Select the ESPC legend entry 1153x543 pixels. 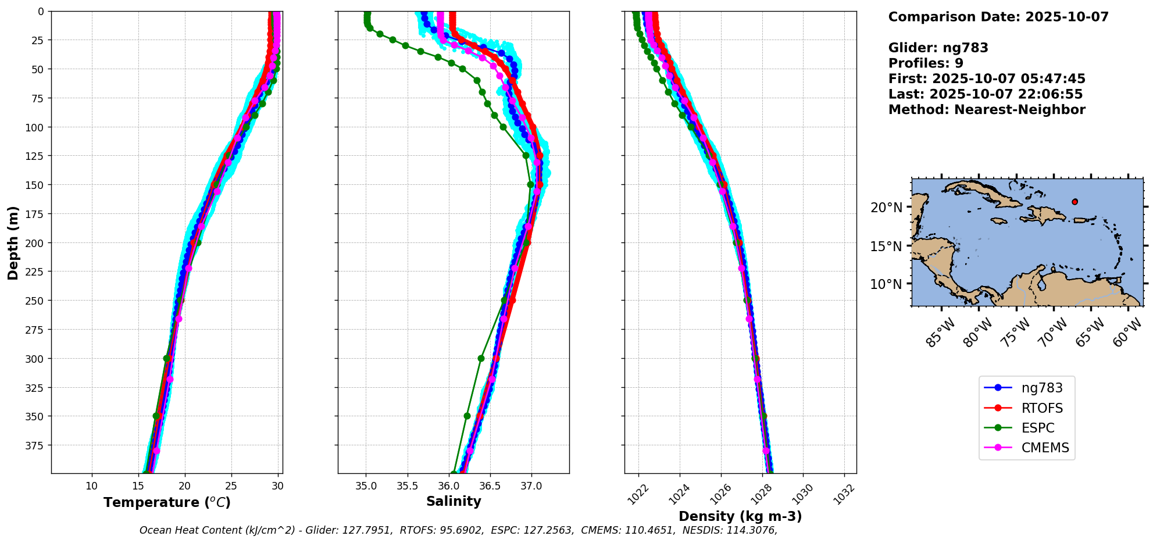(x=1037, y=428)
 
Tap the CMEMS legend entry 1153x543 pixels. (x=1045, y=448)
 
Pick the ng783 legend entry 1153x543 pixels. (x=1042, y=388)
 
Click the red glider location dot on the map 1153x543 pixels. (x=1075, y=202)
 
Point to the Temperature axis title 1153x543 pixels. (x=167, y=502)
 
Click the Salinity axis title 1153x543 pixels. (x=454, y=501)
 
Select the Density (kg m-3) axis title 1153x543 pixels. (x=740, y=516)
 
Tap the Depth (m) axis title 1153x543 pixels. (x=13, y=242)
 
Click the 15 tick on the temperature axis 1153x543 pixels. (x=138, y=486)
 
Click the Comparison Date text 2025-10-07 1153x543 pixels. (x=1067, y=17)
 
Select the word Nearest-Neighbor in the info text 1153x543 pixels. (x=1019, y=110)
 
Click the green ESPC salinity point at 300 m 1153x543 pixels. (x=481, y=358)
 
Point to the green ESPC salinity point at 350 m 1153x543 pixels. (x=467, y=416)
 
